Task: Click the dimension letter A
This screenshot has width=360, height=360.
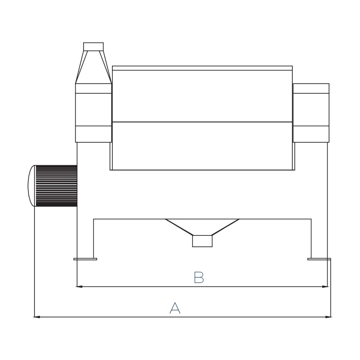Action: pyautogui.click(x=175, y=308)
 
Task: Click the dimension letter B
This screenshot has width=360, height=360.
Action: pyautogui.click(x=199, y=277)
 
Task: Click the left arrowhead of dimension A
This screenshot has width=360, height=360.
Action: pyautogui.click(x=37, y=317)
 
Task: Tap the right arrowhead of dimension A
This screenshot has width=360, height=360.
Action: pyautogui.click(x=329, y=317)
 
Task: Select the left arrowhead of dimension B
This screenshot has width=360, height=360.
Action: pyautogui.click(x=79, y=287)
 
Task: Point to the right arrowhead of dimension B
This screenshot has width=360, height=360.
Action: pyautogui.click(x=325, y=287)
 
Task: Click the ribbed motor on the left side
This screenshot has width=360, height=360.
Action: pyautogui.click(x=56, y=186)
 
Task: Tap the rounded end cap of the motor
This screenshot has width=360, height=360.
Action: pyautogui.click(x=32, y=186)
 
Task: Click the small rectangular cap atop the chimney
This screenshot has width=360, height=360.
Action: pyautogui.click(x=94, y=46)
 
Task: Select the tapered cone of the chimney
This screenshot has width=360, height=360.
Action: pyautogui.click(x=94, y=67)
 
